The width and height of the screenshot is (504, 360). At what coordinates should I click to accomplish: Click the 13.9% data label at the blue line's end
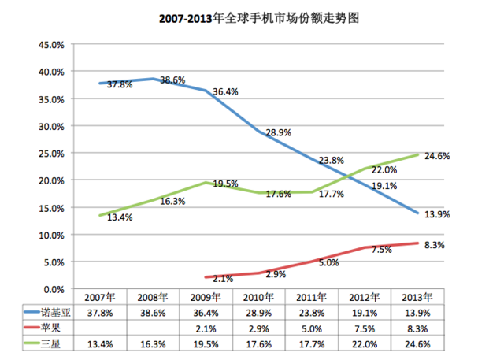tap(437, 215)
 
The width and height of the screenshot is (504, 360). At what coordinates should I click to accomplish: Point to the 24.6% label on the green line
tap(437, 156)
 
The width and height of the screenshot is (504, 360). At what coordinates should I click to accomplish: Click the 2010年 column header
tap(259, 297)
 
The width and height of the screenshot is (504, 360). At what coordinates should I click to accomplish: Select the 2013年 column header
tap(417, 297)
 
